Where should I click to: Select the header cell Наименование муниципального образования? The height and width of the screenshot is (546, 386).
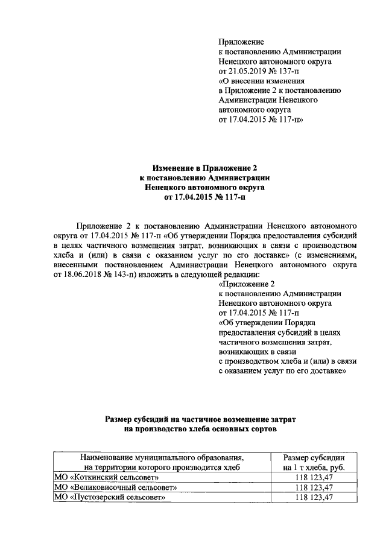162,457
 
